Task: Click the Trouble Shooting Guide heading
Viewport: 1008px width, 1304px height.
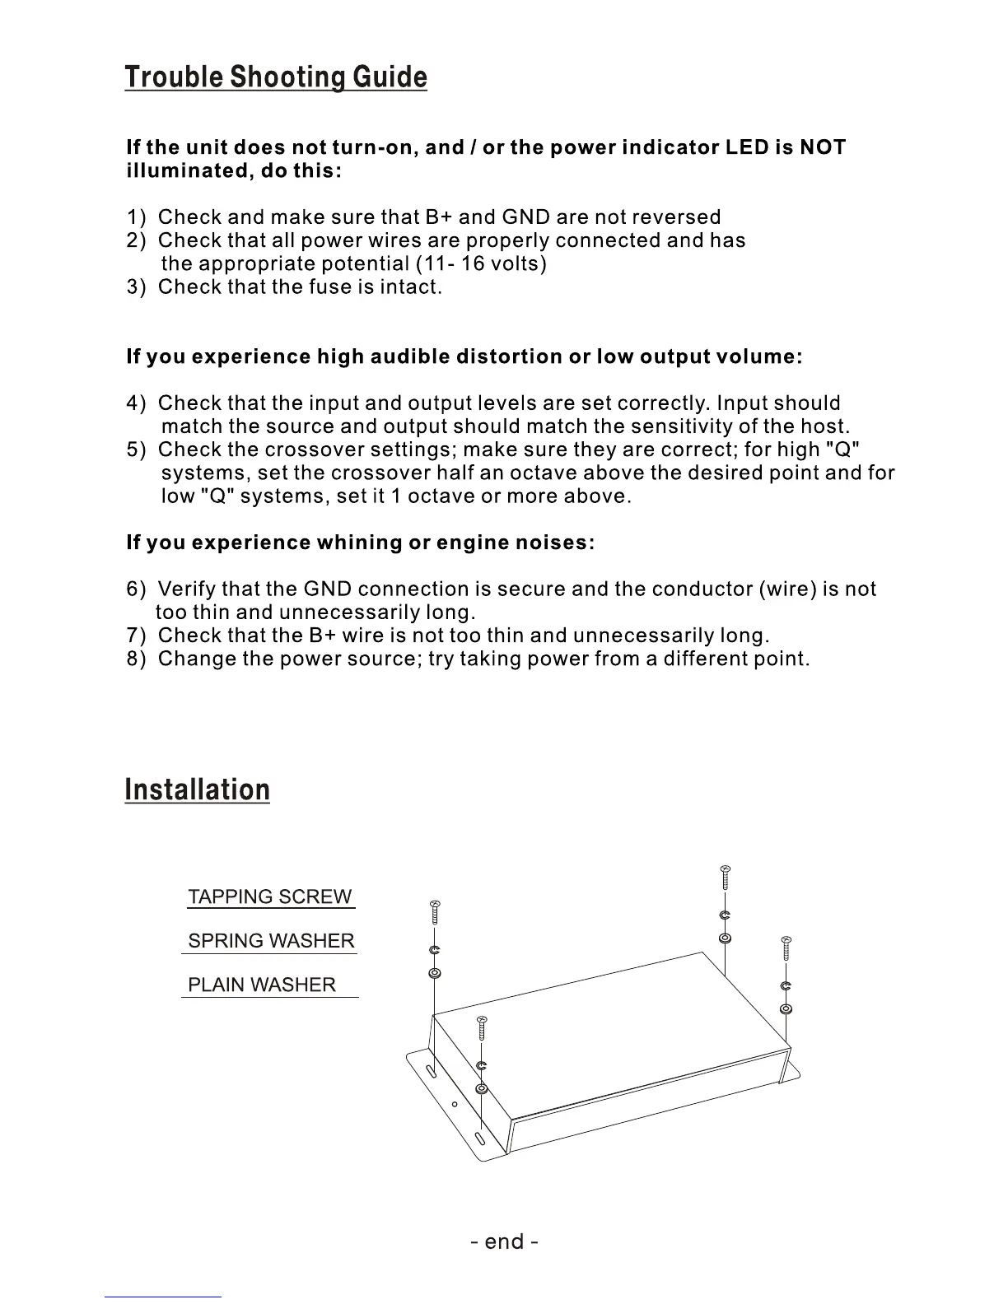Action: point(276,77)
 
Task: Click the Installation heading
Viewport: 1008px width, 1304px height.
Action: point(197,789)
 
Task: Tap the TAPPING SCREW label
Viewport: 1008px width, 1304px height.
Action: point(269,896)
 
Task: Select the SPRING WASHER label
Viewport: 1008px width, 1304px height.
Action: point(271,941)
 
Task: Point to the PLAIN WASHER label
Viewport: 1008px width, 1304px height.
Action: point(262,985)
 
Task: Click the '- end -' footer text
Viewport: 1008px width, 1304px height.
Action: point(504,1241)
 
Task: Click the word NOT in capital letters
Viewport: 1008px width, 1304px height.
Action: point(823,148)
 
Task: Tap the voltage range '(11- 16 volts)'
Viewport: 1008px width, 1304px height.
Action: point(482,264)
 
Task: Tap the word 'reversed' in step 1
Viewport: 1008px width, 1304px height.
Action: point(678,217)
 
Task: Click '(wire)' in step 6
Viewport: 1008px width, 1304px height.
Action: point(786,589)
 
